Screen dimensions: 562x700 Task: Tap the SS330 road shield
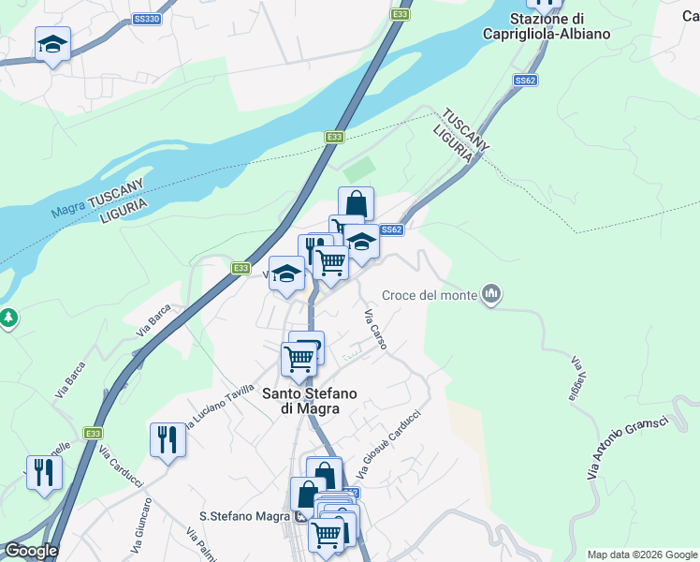pos(147,18)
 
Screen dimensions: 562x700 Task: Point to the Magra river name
pos(68,210)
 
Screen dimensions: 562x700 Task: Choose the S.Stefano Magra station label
pos(246,516)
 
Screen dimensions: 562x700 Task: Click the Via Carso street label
pos(374,329)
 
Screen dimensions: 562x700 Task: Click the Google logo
pos(30,551)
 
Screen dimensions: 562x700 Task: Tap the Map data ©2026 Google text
pos(641,555)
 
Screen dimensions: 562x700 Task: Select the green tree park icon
pos(7,318)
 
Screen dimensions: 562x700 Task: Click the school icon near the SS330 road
pos(53,43)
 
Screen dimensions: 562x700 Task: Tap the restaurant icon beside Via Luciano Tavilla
pos(168,438)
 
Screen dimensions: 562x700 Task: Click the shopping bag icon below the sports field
pos(356,203)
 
